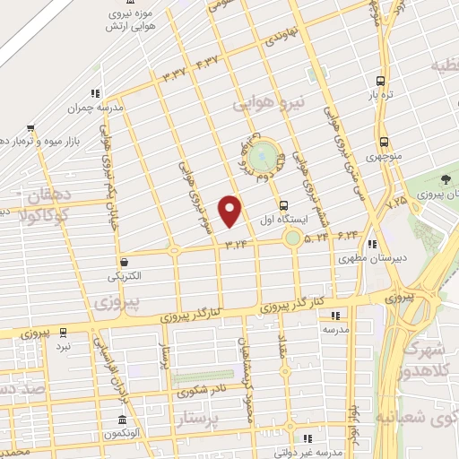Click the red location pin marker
pos(231,210)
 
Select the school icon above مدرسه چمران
pos(93,92)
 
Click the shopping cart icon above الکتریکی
pos(124,262)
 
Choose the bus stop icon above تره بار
pos(383,78)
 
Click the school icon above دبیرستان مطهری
pos(371,243)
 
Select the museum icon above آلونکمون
pos(124,421)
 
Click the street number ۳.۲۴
pos(237,242)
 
